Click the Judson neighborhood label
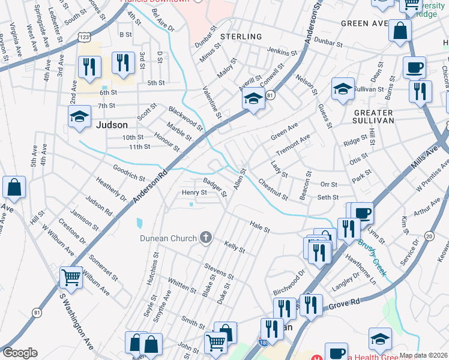112,125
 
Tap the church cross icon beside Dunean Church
205,238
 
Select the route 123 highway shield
85,37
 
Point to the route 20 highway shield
428,237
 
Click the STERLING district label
241,37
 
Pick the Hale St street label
260,226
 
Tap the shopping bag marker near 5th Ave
14,188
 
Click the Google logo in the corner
20,353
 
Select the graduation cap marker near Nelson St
342,89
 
